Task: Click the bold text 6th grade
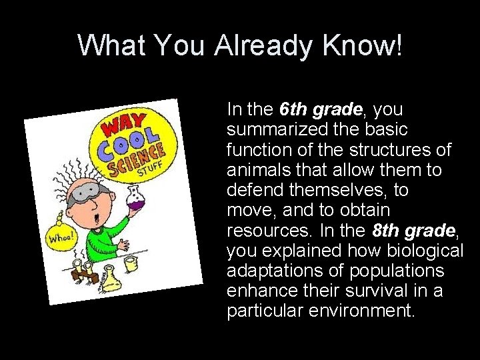[322, 108]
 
